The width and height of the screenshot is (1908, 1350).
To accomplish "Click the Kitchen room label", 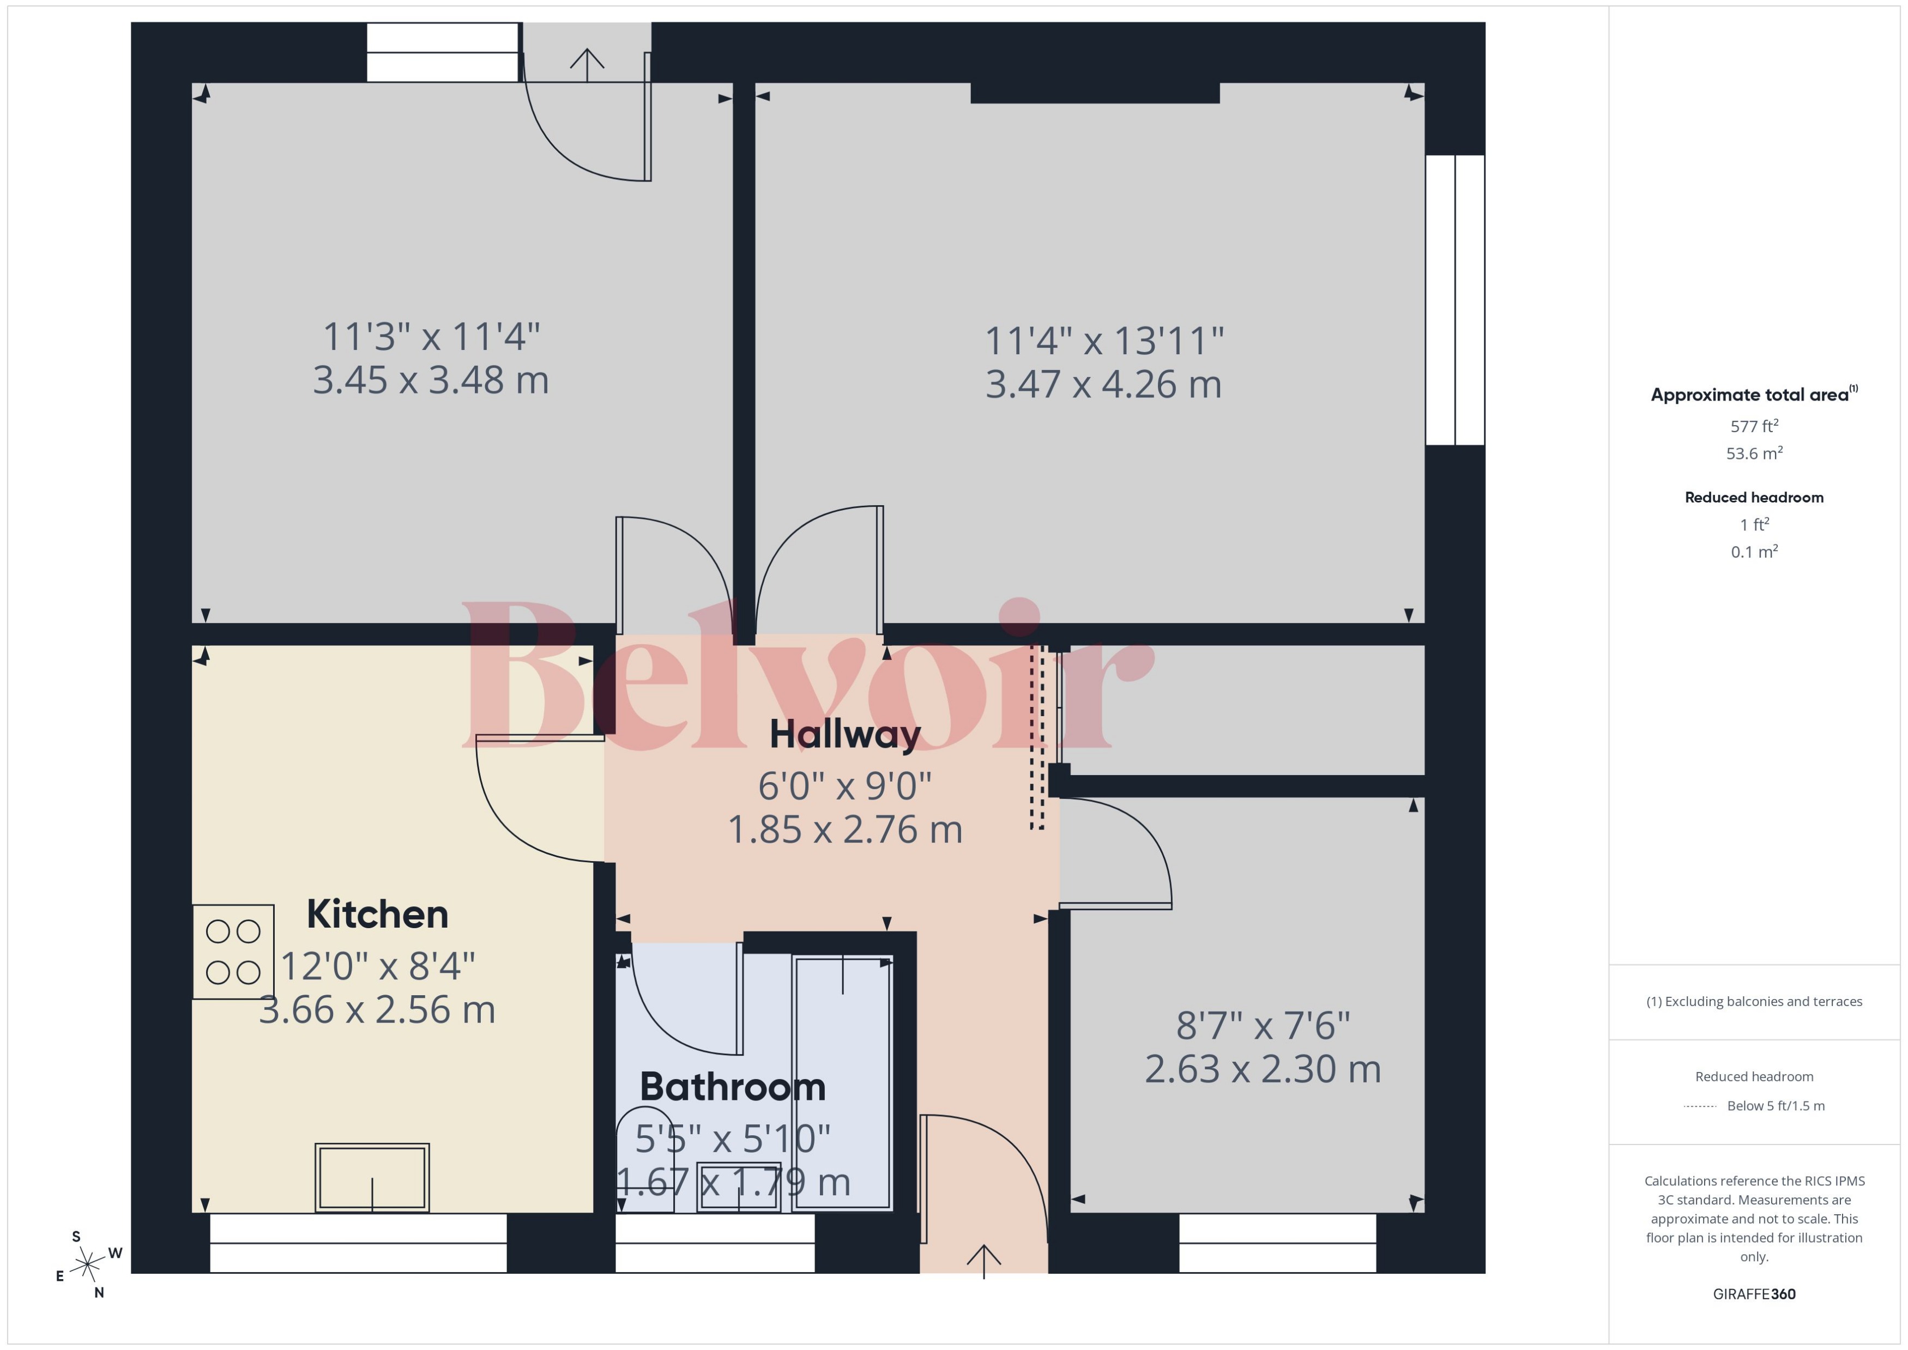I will (x=377, y=915).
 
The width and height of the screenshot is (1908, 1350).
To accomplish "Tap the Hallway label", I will (x=844, y=734).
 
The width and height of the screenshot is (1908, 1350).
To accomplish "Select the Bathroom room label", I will (x=733, y=1087).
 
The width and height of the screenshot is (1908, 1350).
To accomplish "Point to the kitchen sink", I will (x=372, y=1177).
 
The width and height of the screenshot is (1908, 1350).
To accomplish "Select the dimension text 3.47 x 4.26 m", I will (x=1103, y=385).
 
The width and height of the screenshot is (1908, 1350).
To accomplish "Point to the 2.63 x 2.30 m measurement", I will (x=1262, y=1069).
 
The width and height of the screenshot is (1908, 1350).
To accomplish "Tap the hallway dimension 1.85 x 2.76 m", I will (x=844, y=830).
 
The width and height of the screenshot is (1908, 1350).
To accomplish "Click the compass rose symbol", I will (x=87, y=1265).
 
